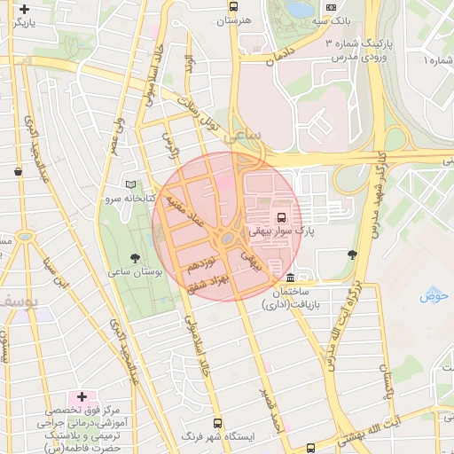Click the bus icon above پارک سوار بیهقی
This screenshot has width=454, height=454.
pyautogui.click(x=281, y=217)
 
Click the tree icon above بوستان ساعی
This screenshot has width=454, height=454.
pyautogui.click(x=135, y=257)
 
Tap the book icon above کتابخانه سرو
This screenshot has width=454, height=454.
pyautogui.click(x=132, y=185)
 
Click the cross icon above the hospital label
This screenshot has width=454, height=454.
pyautogui.click(x=82, y=396)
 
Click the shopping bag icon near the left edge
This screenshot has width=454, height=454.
pyautogui.click(x=18, y=171)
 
